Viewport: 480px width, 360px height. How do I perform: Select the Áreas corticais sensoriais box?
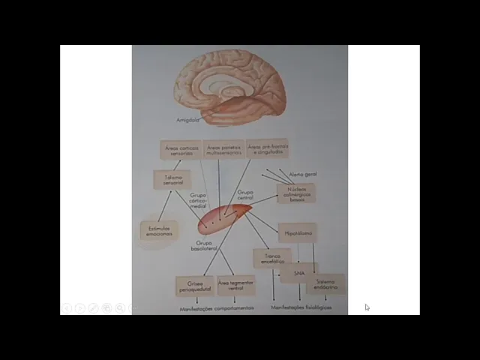(181, 151)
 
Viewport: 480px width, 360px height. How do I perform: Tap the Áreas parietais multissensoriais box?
(223, 150)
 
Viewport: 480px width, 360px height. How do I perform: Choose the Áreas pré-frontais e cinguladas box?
(267, 148)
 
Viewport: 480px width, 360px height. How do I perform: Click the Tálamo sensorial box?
(173, 180)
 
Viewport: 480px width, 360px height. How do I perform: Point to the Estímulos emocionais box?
(159, 231)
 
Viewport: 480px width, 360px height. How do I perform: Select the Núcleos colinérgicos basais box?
(296, 193)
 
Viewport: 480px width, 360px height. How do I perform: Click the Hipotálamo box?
(296, 232)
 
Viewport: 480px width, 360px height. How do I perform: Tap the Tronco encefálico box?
(271, 259)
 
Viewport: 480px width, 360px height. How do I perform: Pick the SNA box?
(299, 274)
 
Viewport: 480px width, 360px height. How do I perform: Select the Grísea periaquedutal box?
(195, 286)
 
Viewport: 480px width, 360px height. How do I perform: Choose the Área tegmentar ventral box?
(235, 285)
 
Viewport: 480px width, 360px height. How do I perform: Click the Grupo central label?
(245, 195)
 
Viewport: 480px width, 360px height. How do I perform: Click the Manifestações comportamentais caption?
(217, 307)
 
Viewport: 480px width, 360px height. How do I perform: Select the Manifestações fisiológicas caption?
(301, 307)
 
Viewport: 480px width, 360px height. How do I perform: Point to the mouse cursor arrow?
(367, 307)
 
